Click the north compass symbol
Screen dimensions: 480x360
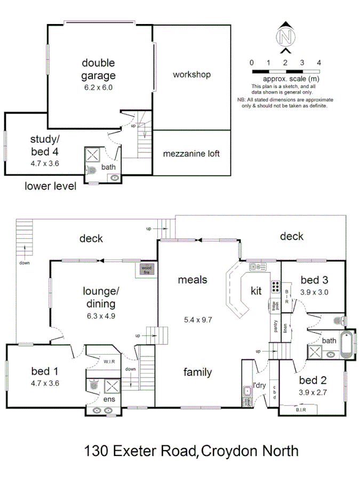tap(286, 37)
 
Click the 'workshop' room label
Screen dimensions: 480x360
tap(191, 75)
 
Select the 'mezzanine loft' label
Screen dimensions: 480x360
tap(191, 154)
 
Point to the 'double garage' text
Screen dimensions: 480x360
tap(98, 69)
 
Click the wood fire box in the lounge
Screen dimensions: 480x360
tap(146, 269)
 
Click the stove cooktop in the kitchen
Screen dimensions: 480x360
tap(276, 287)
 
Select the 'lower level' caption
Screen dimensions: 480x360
tap(51, 186)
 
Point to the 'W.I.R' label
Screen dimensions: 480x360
tap(109, 362)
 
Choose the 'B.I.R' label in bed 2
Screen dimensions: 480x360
tap(301, 410)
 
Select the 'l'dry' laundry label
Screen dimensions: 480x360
tap(260, 386)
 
